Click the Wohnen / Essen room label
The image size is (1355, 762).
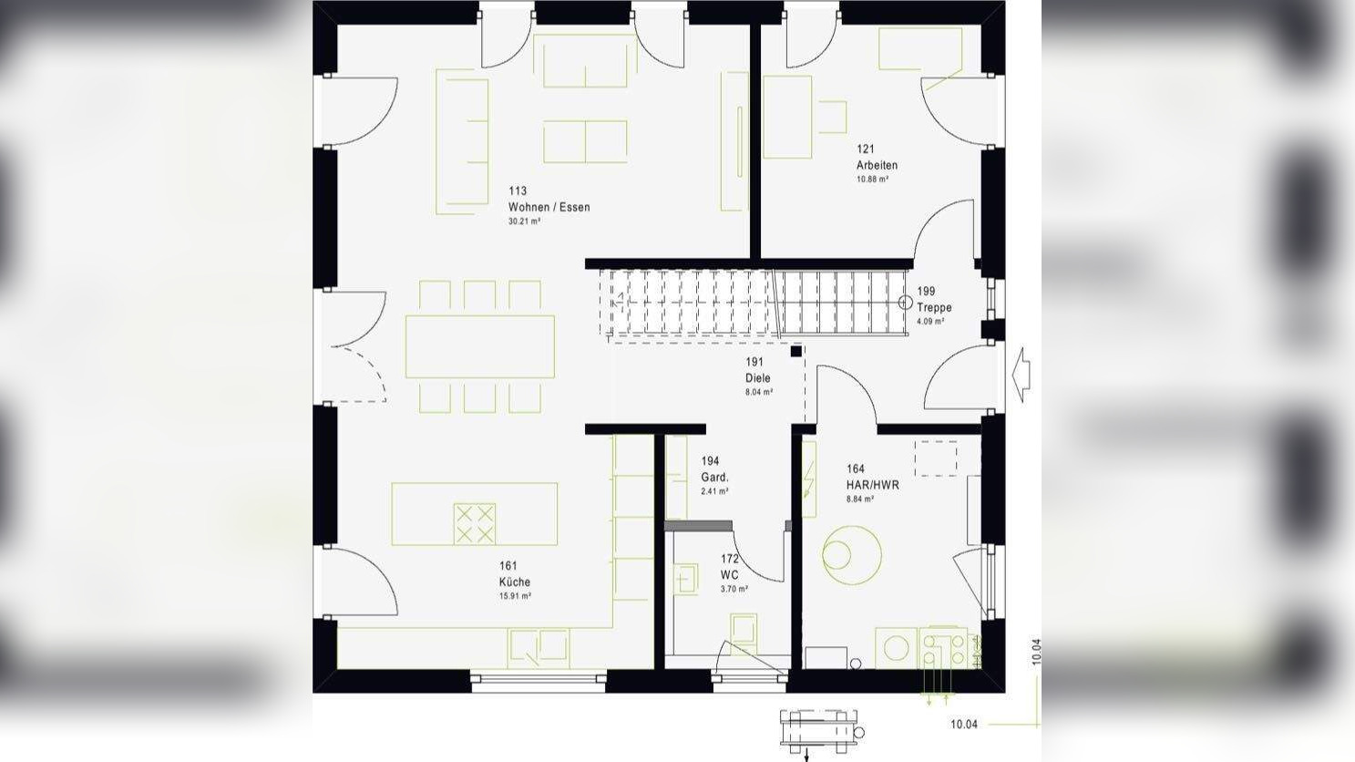click(x=549, y=207)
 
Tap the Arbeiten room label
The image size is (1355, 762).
click(x=877, y=165)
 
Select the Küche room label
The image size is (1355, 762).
click(x=514, y=582)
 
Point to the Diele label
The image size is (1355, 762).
click(x=757, y=377)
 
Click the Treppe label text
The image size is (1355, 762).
click(x=934, y=307)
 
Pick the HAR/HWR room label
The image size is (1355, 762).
click(x=872, y=485)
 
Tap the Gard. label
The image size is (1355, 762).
click(x=714, y=477)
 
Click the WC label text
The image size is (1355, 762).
click(x=729, y=574)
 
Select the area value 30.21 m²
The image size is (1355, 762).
click(x=525, y=221)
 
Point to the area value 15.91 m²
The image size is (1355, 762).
click(x=515, y=596)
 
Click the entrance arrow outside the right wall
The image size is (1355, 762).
click(x=1021, y=374)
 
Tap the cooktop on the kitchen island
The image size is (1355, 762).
click(x=475, y=523)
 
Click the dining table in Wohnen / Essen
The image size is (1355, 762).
click(x=479, y=346)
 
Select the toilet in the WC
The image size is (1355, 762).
click(x=744, y=631)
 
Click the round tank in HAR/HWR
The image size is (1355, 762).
click(x=852, y=555)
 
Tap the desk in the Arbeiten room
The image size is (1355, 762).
click(x=787, y=117)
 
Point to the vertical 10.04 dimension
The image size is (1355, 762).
click(x=1036, y=652)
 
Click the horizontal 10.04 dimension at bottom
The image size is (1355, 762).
click(x=963, y=725)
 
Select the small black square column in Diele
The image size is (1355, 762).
click(x=796, y=351)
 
